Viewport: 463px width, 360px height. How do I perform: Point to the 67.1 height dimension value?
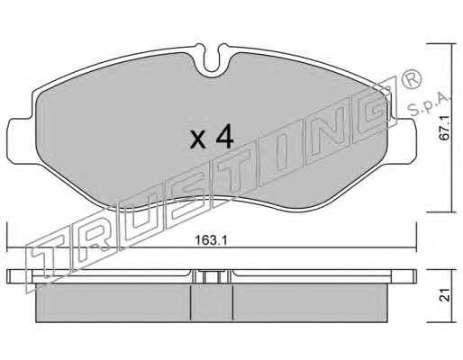444,128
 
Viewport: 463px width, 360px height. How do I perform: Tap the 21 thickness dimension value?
445,295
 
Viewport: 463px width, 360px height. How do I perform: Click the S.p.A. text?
430,105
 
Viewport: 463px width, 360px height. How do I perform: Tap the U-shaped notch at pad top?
212,58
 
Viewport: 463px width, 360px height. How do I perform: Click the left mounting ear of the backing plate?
21,141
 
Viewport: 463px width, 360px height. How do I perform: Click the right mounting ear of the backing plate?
403,141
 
